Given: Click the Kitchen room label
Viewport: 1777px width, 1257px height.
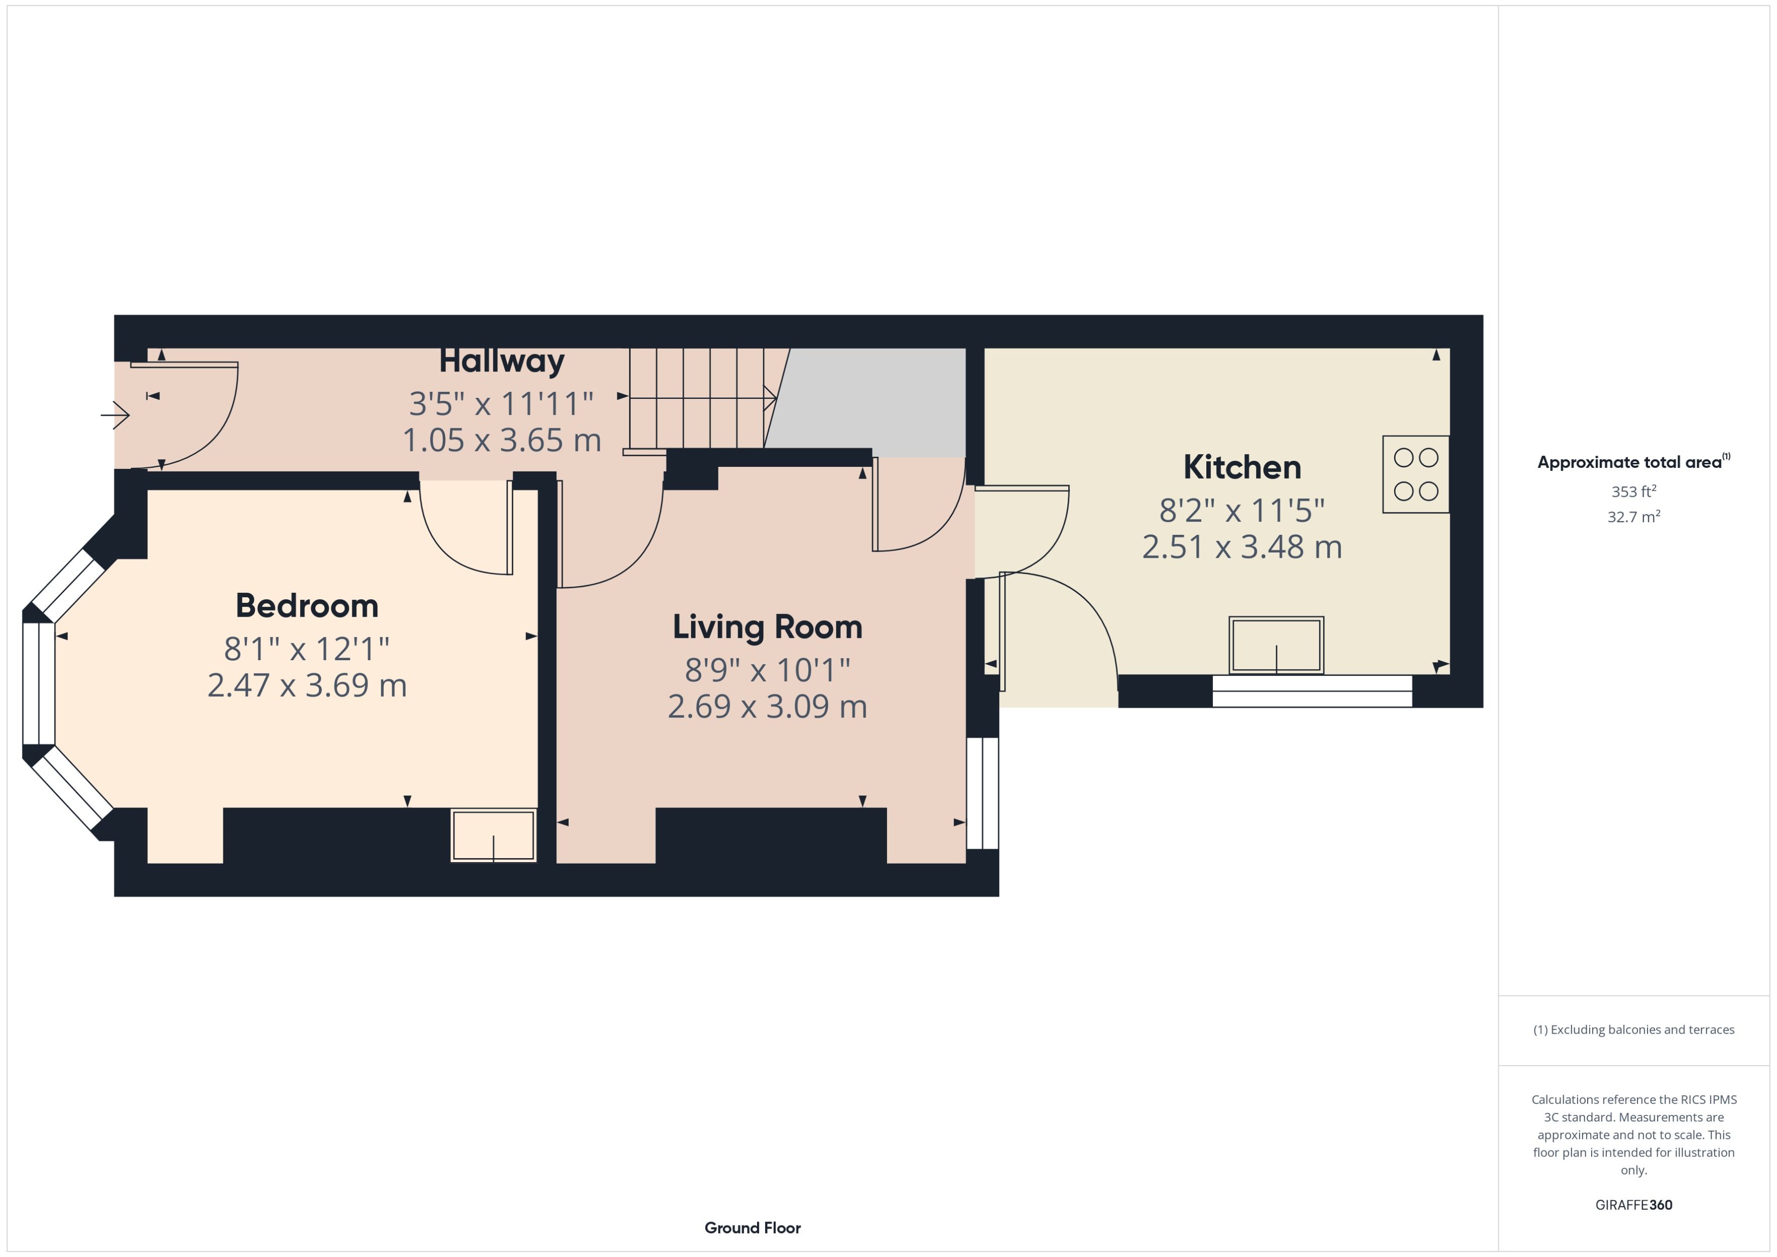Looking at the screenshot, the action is pyautogui.click(x=1242, y=467).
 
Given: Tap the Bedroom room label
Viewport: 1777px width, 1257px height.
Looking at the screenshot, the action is pyautogui.click(x=307, y=605).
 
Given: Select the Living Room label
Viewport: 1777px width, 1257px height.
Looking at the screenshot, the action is pyautogui.click(x=767, y=627).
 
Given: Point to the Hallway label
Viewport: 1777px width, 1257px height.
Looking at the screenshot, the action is pyautogui.click(x=502, y=361).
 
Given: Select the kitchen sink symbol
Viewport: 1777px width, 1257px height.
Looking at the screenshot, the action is pyautogui.click(x=1276, y=646).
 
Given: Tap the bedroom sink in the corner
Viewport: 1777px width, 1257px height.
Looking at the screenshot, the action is pyautogui.click(x=493, y=836).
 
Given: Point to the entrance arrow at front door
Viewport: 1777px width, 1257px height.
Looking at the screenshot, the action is pyautogui.click(x=115, y=415).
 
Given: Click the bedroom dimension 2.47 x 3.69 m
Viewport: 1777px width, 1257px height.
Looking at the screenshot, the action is pyautogui.click(x=307, y=686).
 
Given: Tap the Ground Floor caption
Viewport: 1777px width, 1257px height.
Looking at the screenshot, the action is pyautogui.click(x=752, y=1228).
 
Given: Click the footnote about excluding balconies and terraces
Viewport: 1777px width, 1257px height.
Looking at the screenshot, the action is pyautogui.click(x=1634, y=1030).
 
